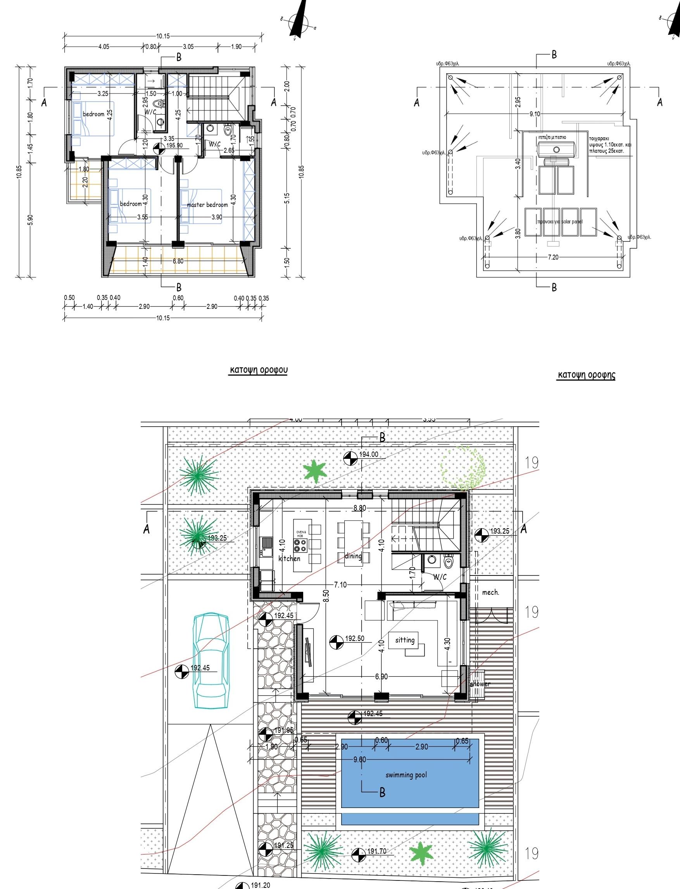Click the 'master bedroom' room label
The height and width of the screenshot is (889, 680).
[207, 205]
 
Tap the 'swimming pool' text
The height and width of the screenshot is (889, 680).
[406, 775]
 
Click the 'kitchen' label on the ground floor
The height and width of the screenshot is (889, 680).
[289, 558]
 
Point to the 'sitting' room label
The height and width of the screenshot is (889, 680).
[405, 640]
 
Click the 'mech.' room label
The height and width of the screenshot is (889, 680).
[490, 593]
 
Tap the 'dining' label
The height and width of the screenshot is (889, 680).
[353, 556]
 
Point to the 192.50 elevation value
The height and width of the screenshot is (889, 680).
[355, 639]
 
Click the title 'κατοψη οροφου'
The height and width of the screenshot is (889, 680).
[259, 370]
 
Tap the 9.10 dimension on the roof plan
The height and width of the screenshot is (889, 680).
[534, 114]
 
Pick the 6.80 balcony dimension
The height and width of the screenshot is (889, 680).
[178, 261]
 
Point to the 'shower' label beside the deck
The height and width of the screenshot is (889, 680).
[480, 684]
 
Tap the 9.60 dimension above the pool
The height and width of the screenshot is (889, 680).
[359, 760]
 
